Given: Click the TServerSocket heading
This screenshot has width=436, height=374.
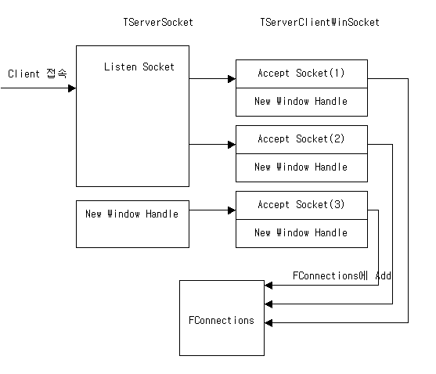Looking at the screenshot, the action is click(158, 22).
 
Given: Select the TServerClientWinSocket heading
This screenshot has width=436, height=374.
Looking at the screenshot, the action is click(319, 22).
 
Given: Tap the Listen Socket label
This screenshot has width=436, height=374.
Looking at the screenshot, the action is click(139, 67).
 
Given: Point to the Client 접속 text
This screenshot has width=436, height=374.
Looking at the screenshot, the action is click(38, 74).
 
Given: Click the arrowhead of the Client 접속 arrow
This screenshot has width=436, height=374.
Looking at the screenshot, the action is click(72, 88).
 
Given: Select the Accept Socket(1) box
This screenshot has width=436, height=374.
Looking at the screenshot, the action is click(301, 74).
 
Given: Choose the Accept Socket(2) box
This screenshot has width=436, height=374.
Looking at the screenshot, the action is click(301, 139).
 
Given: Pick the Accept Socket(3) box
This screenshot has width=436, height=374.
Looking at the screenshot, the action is click(301, 205).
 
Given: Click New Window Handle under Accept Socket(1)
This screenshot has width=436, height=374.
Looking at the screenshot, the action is click(301, 101).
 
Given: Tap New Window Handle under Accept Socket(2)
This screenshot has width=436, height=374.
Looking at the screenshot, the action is click(301, 167).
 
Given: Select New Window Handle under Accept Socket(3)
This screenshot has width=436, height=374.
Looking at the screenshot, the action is click(301, 232).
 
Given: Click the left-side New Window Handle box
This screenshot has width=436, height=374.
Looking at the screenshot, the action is click(132, 224).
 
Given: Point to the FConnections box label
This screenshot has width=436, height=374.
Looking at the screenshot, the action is click(222, 320).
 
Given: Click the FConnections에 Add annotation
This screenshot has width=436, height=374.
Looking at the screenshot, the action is click(342, 275).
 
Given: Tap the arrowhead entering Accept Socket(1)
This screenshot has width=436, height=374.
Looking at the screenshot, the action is click(232, 79).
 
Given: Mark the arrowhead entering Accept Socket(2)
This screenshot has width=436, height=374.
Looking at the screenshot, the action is click(232, 145).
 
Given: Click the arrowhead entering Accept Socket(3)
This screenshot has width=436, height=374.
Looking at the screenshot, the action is click(232, 210).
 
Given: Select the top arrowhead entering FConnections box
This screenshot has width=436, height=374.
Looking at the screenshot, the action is click(268, 285).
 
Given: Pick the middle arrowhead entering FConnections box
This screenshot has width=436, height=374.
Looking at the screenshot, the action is click(268, 304).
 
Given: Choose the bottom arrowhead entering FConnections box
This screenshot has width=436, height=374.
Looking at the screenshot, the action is click(268, 322).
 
